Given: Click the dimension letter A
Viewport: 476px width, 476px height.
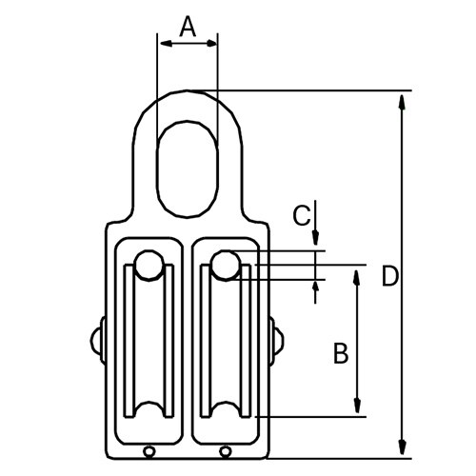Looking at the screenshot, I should [188, 28].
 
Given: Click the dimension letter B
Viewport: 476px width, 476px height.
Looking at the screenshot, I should [340, 354].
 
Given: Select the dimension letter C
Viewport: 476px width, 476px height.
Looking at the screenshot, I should [300, 216].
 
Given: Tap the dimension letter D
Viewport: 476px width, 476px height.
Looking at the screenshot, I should [388, 276].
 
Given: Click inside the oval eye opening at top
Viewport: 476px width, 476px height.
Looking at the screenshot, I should [188, 167].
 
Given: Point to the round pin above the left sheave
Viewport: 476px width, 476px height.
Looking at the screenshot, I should [148, 267].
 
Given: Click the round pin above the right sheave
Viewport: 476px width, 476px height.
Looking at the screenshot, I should [225, 266].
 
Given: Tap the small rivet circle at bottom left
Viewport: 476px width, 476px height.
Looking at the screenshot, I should [149, 451].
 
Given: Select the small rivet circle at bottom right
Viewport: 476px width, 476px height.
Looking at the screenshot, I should [226, 451].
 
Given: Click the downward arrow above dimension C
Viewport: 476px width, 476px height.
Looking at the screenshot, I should [316, 242].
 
